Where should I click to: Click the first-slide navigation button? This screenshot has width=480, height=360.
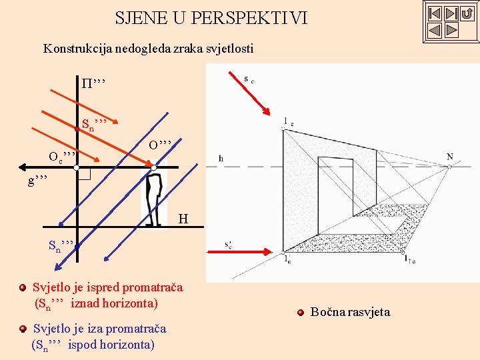(x=434, y=13)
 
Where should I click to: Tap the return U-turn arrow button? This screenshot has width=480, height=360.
(x=467, y=13)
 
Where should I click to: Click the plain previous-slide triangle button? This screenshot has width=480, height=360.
(x=434, y=30)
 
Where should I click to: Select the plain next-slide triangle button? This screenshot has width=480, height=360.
(x=451, y=30)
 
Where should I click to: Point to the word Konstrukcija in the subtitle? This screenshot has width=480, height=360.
(x=74, y=49)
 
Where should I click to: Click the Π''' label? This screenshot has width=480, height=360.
(x=93, y=83)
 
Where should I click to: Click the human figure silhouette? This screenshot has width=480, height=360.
(x=153, y=200)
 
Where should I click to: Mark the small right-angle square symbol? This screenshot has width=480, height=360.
(x=84, y=173)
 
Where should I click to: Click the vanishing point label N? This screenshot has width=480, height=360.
(x=450, y=157)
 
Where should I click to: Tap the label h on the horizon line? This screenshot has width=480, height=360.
(x=221, y=159)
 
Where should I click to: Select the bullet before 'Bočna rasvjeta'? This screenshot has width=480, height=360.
(x=301, y=312)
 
